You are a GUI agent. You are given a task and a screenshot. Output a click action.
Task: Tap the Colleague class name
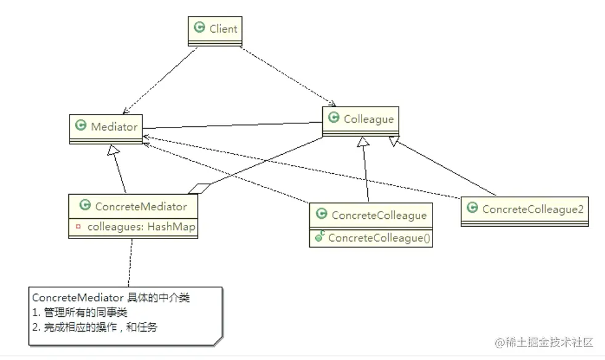pyautogui.click(x=368, y=119)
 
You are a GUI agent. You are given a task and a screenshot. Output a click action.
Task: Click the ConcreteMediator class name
pyautogui.click(x=141, y=206)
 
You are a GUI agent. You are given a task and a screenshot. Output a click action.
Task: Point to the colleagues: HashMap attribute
pyautogui.click(x=141, y=227)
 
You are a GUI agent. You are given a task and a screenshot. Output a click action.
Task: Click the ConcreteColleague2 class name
pyautogui.click(x=532, y=209)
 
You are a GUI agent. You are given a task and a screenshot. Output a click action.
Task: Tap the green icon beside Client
pyautogui.click(x=199, y=28)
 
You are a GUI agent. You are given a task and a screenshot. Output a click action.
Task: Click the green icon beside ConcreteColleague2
pyautogui.click(x=472, y=208)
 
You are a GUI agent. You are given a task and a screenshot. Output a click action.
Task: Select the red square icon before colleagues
pyautogui.click(x=78, y=227)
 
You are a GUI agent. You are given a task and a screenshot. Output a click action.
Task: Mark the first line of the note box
pyautogui.click(x=110, y=298)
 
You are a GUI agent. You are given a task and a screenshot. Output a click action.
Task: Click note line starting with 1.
pyautogui.click(x=79, y=313)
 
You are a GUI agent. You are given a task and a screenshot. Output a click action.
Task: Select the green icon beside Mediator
pyautogui.click(x=79, y=125)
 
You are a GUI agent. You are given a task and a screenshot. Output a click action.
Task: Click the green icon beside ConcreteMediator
pyautogui.click(x=84, y=205)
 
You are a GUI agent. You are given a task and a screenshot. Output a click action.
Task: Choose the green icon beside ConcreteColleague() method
pyautogui.click(x=319, y=237)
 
